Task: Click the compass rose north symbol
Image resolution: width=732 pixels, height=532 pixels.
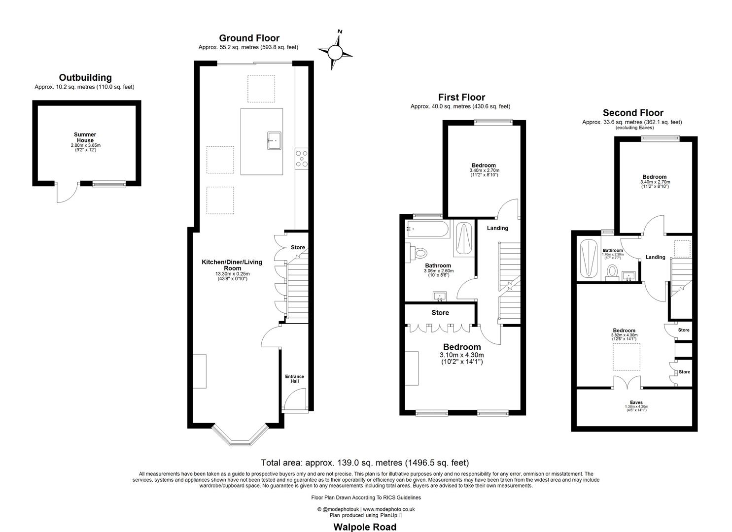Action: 335,51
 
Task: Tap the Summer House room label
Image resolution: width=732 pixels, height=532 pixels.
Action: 85,137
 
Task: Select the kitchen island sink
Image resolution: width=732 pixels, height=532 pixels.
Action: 274,140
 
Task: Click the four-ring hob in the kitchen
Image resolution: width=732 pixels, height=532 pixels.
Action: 301,159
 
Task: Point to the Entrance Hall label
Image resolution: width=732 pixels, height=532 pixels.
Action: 295,379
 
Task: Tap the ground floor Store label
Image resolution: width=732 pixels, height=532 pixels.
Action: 298,247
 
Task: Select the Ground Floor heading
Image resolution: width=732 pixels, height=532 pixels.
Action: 249,38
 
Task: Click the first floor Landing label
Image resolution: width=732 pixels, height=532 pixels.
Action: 497,228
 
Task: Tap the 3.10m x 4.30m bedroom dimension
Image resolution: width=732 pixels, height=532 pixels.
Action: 461,355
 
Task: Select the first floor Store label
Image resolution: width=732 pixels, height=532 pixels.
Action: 440,313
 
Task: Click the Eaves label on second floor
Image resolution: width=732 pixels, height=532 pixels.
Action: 636,402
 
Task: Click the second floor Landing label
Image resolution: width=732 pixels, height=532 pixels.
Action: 655,257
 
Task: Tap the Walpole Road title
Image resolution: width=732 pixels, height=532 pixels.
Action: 365,527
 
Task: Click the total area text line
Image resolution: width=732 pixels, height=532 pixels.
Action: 365,463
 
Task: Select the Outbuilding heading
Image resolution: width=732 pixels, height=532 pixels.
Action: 85,77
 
